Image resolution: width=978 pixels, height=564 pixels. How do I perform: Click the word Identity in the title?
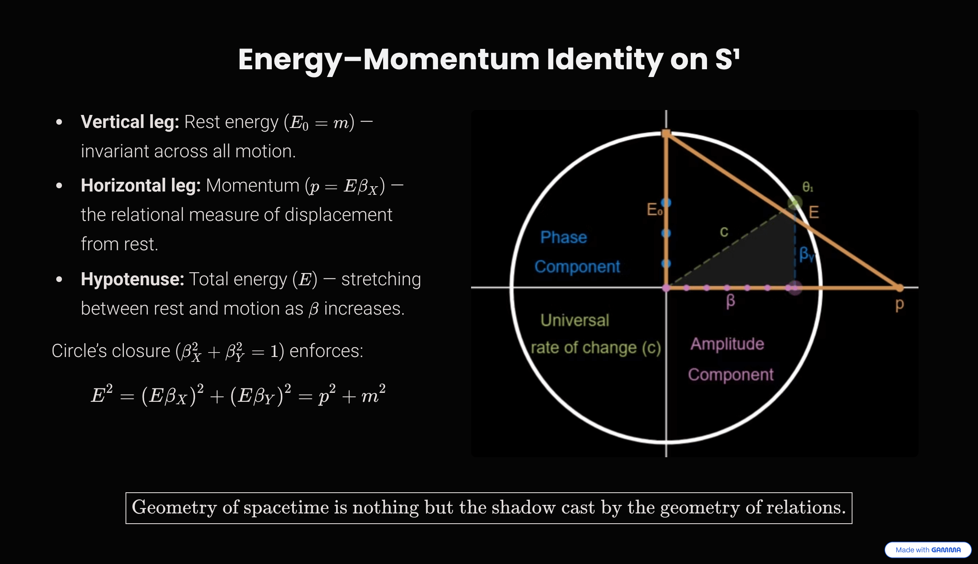tap(605, 59)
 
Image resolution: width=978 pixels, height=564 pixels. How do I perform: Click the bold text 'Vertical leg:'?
tap(130, 122)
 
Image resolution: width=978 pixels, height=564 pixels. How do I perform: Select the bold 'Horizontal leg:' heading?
tap(141, 185)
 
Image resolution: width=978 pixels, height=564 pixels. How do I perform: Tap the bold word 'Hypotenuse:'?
tap(132, 279)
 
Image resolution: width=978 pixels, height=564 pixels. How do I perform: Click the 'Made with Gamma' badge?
tap(928, 550)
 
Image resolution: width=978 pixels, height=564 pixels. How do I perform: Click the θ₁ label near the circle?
tap(808, 187)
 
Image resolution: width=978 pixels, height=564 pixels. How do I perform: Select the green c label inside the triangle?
tap(724, 232)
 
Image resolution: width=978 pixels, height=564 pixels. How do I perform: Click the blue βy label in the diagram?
tap(806, 254)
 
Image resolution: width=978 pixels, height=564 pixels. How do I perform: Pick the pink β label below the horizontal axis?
tap(730, 301)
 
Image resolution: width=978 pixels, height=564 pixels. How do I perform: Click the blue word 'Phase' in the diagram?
tap(564, 237)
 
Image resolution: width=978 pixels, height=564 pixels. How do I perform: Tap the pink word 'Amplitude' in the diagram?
tap(727, 344)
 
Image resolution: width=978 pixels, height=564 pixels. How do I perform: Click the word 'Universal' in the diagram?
tap(575, 320)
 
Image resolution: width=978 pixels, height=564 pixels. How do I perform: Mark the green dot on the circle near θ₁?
tap(795, 202)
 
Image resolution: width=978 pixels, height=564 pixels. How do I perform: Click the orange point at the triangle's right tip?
tap(899, 288)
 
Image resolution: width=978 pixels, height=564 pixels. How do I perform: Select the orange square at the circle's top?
tap(666, 133)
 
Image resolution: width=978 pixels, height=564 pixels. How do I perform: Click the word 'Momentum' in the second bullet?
tap(253, 185)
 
